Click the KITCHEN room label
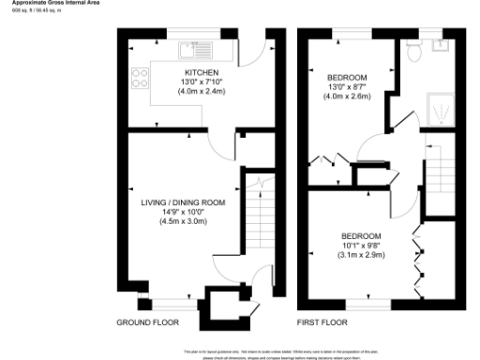coord(202,72)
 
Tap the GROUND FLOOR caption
coord(147,322)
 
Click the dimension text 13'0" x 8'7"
coord(346,86)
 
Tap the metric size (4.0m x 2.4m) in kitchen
coord(202,91)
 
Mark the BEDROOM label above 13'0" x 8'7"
coord(346,77)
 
